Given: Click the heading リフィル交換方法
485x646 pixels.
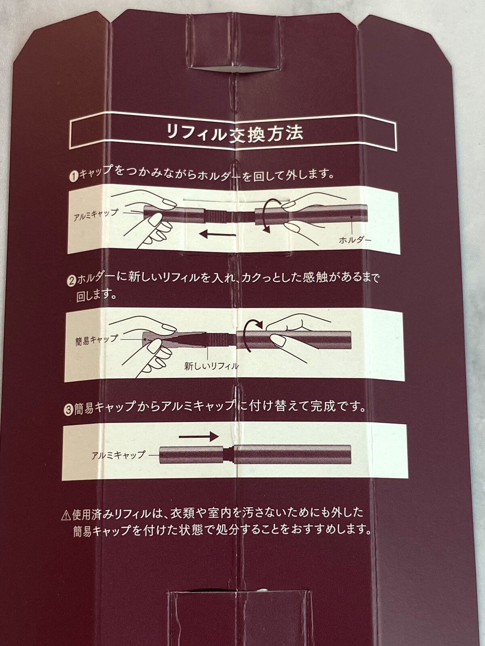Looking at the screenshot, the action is click(235, 133).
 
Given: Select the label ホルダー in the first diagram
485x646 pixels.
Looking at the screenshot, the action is click(355, 240).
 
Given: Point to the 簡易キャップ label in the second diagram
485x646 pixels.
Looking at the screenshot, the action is click(97, 340).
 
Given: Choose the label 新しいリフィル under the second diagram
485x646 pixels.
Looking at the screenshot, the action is click(211, 366).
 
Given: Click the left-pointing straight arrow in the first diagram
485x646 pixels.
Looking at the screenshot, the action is click(217, 235).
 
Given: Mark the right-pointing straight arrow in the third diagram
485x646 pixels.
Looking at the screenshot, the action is click(199, 437).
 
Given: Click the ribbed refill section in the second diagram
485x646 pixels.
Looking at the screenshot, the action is click(217, 340).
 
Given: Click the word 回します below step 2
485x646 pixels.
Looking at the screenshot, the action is click(96, 296).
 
